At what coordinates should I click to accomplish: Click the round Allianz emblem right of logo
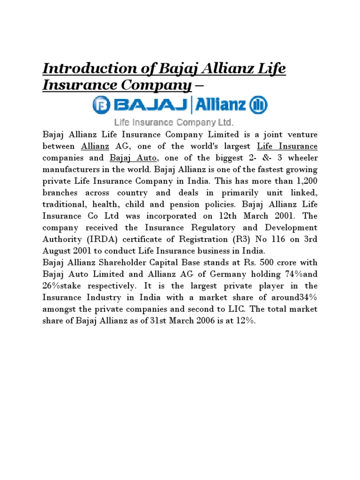pyautogui.click(x=259, y=105)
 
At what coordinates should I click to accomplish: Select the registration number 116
pyautogui.click(x=260, y=239)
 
